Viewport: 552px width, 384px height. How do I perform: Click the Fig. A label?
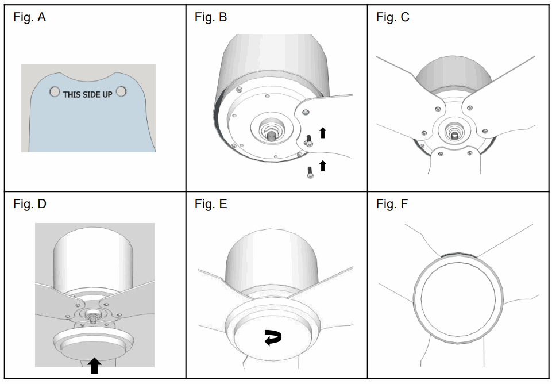pos(29,18)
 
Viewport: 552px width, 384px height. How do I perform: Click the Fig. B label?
pos(211,18)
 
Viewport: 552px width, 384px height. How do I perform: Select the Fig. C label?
pos(393,18)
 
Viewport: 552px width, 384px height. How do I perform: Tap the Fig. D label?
pos(29,204)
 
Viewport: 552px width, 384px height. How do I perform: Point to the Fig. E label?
pos(211,204)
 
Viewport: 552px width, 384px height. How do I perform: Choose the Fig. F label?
pos(392,204)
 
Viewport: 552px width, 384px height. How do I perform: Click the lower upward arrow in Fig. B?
pos(323,166)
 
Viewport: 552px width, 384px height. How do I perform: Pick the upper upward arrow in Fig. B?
pos(323,133)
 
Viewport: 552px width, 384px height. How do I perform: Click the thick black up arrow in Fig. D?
pos(95,365)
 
